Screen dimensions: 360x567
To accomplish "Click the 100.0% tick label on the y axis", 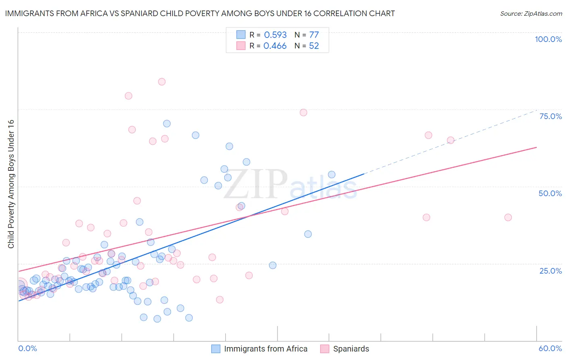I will point(548,39).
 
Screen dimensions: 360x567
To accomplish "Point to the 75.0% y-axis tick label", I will point(550,116).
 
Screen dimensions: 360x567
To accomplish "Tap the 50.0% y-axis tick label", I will point(550,193).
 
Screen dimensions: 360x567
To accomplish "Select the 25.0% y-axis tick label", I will point(550,270).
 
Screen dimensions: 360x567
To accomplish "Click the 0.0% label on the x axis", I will point(27,348).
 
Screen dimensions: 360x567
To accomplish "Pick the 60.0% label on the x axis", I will point(550,348).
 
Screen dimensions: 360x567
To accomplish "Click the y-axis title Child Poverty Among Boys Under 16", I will point(11,184).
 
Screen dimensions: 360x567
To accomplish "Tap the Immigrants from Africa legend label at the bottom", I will point(265,349).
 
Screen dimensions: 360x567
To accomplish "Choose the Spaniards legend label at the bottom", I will point(351,349).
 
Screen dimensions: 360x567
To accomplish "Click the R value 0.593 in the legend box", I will point(275,35).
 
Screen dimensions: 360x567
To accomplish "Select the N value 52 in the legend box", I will point(314,46).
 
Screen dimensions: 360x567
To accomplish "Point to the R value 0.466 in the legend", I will point(275,46).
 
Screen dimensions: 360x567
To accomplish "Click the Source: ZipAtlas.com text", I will point(531,14).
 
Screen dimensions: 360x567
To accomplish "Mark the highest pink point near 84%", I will point(162,82).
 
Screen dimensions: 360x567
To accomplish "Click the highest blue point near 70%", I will point(167,123).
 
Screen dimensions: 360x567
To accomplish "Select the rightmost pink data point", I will point(508,217).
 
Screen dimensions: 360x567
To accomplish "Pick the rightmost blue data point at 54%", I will point(331,174).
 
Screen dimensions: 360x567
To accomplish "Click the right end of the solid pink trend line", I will point(536,147).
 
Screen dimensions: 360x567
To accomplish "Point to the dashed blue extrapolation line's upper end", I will point(536,110).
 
